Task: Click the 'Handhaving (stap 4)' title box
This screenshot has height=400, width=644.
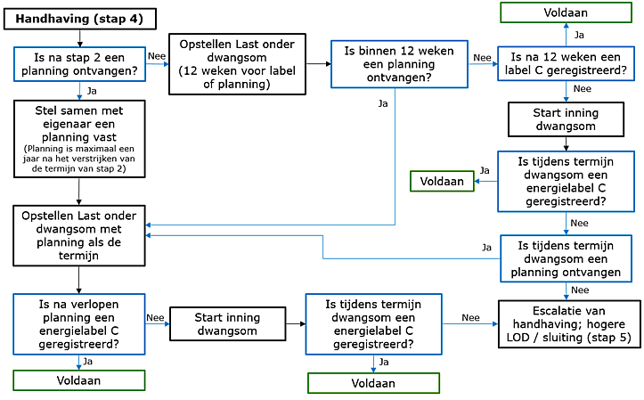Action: (81, 19)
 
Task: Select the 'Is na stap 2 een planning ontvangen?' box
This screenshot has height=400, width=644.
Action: (80, 64)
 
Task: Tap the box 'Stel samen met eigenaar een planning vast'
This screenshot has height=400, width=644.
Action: (80, 137)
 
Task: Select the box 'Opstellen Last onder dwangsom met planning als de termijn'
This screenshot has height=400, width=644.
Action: (80, 235)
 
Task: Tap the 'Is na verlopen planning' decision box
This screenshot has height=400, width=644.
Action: (80, 322)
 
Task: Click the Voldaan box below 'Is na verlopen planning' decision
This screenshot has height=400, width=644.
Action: (80, 380)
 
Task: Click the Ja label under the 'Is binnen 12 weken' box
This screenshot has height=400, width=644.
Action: (383, 103)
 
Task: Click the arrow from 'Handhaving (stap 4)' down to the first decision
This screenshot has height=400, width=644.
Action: (80, 38)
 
